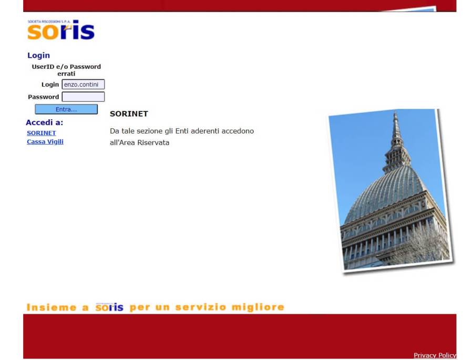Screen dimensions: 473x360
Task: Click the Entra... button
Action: point(66,109)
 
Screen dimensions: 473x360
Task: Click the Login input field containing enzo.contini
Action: point(83,84)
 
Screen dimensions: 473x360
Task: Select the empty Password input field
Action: point(83,97)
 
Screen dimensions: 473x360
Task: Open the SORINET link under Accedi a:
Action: point(42,133)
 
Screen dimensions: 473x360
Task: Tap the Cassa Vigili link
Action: point(45,141)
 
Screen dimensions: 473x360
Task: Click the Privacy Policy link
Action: point(435,355)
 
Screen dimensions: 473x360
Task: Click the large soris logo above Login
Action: point(61,30)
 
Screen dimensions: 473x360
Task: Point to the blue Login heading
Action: point(38,55)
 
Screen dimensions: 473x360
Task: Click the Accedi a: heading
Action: point(45,122)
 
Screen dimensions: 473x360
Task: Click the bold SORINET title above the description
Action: point(129,114)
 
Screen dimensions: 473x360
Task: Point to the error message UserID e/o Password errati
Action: point(66,70)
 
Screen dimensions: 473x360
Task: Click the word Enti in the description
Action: point(182,131)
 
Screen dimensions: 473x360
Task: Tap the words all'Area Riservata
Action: point(139,142)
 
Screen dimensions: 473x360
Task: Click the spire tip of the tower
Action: point(395,112)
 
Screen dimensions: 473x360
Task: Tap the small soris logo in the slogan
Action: point(109,307)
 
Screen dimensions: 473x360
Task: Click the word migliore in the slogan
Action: point(258,307)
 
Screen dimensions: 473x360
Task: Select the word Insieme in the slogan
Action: point(52,307)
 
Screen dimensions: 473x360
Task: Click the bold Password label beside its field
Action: point(44,97)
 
